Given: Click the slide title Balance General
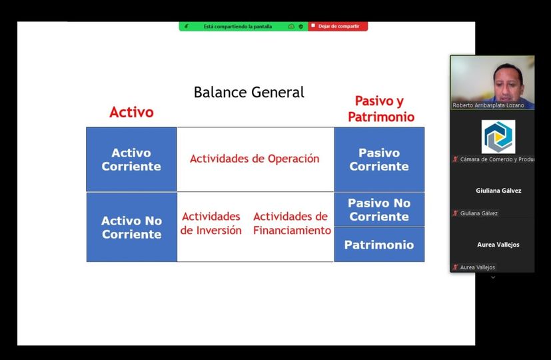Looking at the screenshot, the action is coord(249,93).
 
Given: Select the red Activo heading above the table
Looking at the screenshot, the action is coord(131,112).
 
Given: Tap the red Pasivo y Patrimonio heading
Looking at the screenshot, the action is coord(381,109).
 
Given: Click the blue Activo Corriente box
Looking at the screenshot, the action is coord(131,159).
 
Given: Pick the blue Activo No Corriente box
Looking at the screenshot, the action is coord(131,227).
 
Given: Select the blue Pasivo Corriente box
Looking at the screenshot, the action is coord(379,159).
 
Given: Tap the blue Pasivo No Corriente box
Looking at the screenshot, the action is coord(379,209).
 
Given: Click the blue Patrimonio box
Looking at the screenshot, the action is coord(379,245).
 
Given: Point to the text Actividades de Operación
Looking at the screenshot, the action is coord(255,159).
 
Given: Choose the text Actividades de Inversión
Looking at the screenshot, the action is coord(211,223).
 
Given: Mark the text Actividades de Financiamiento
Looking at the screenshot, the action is coord(292,223).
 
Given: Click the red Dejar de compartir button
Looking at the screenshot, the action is coord(338,27).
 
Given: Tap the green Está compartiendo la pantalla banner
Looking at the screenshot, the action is coord(244,27).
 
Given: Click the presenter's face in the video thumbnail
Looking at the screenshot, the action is coord(508,83).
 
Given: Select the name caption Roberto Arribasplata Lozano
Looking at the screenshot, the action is coord(488,105).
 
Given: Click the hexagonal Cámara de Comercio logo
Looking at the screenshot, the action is coord(498,137).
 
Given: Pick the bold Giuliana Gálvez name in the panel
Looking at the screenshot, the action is coord(498,191).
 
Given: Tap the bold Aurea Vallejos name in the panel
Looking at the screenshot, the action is coord(498,245).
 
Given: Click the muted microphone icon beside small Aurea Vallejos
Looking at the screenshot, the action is coord(455,267).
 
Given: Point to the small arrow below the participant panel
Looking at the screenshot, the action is coord(493,277).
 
